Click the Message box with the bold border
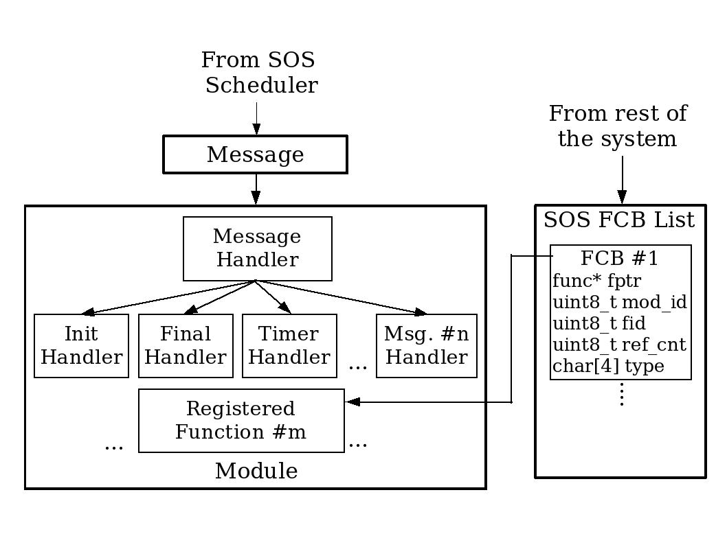[x=255, y=154]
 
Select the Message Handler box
[x=257, y=248]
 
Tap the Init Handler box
[x=81, y=346]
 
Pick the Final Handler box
[x=186, y=346]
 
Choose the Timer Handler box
[x=289, y=346]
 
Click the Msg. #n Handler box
[x=426, y=346]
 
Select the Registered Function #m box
[x=241, y=421]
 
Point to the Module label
[x=256, y=472]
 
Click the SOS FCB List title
[x=619, y=220]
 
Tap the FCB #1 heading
[x=619, y=258]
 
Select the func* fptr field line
[x=596, y=280]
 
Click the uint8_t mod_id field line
[x=619, y=301]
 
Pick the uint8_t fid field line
[x=599, y=323]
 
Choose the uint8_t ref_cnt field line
[x=619, y=345]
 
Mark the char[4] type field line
[x=608, y=366]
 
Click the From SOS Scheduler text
[x=258, y=73]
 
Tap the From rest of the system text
[x=617, y=126]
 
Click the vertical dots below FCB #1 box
[x=621, y=395]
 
